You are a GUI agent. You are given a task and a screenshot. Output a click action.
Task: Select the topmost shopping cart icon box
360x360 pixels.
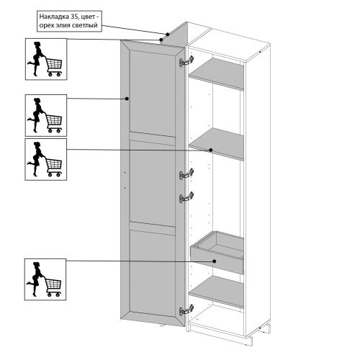pos(46,59)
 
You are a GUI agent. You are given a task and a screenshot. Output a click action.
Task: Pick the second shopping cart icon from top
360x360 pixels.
pos(46,115)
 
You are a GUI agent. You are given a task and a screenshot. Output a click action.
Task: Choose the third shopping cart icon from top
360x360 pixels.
pos(46,159)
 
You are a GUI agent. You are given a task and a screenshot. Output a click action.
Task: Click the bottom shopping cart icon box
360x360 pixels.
pos(45,279)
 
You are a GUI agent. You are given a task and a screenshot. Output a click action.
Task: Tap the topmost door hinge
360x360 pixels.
pos(186,61)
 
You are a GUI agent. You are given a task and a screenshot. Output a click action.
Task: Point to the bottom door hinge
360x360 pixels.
pos(186,310)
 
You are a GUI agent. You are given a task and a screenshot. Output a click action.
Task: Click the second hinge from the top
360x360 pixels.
pos(186,174)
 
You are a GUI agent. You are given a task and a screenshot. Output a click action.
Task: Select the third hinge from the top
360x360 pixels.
pos(186,197)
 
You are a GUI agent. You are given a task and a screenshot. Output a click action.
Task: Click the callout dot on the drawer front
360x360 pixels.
pos(215,261)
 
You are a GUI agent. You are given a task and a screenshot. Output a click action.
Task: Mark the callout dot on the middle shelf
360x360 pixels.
pos(211,150)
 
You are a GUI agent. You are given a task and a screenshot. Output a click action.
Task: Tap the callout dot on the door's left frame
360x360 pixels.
pos(127,99)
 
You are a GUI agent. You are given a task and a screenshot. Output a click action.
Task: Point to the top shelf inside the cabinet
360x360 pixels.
pos(216,73)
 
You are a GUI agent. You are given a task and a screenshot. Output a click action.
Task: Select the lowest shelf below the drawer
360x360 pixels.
pos(216,292)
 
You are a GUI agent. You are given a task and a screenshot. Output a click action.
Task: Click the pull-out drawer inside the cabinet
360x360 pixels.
pos(217,252)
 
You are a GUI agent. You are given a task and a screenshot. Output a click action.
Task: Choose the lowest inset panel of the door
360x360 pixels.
pos(153,272)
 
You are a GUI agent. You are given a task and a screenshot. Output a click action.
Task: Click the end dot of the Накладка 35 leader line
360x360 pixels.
pos(168,35)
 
